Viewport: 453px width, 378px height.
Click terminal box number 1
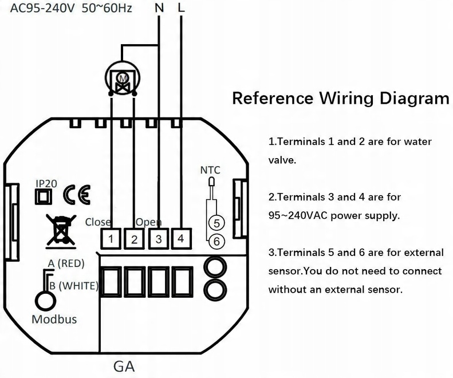(111, 239)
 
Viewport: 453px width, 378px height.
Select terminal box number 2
(134, 239)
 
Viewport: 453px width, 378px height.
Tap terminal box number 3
(158, 239)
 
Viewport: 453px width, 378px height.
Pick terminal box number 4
(181, 239)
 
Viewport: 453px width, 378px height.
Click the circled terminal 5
(216, 223)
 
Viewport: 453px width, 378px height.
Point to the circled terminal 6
(216, 241)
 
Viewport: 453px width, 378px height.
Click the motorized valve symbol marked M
(123, 78)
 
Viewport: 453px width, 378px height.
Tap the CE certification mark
(77, 195)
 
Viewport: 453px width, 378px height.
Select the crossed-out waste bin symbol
(61, 231)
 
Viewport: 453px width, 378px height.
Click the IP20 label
(46, 183)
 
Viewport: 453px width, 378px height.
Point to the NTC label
(210, 170)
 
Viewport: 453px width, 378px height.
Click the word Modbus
(54, 320)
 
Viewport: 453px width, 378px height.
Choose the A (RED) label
(66, 263)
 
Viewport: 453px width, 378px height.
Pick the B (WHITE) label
(74, 286)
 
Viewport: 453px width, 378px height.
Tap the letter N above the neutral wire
(159, 8)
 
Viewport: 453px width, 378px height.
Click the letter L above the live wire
(181, 7)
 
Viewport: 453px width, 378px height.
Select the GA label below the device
(124, 367)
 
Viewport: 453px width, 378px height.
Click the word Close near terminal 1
(98, 222)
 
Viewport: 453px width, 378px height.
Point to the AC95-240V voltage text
(42, 8)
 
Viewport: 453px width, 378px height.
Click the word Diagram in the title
(414, 99)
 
